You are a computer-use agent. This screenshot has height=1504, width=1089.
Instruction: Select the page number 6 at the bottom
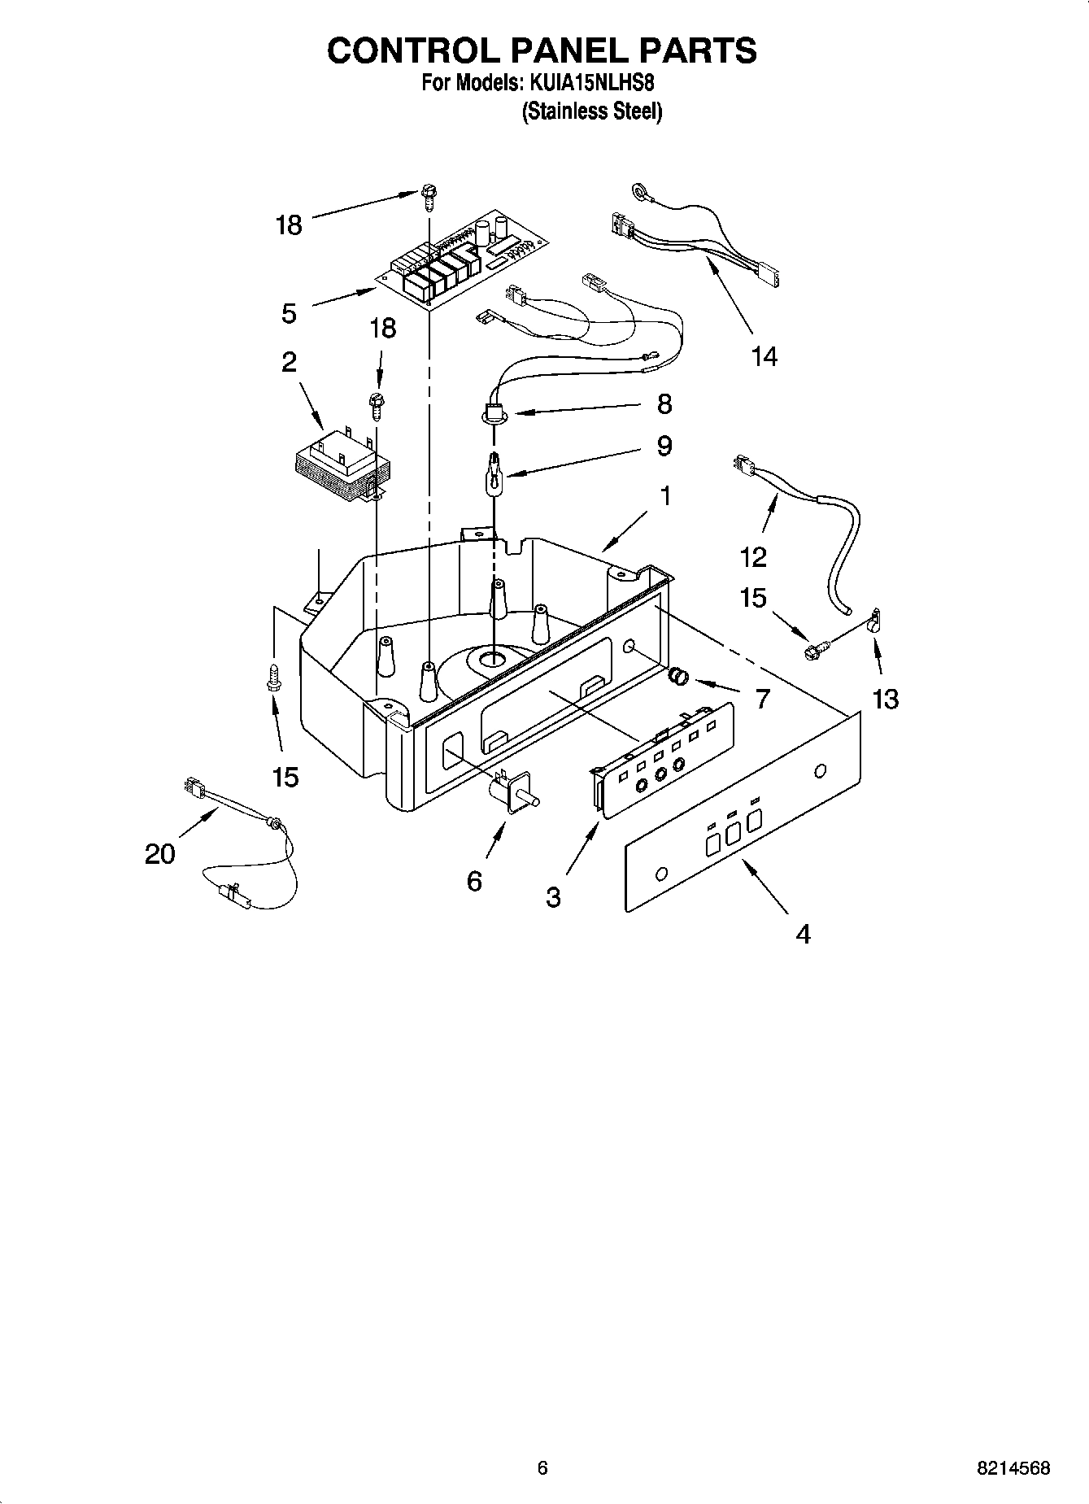tap(542, 1468)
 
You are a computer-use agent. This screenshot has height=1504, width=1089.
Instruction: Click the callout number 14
tap(764, 356)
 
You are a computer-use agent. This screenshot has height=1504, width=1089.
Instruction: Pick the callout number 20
tap(160, 854)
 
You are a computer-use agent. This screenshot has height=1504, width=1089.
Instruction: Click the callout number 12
tap(753, 557)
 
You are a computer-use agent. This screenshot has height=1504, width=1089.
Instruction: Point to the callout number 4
tap(803, 935)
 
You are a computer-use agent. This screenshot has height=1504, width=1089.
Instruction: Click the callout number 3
tap(553, 897)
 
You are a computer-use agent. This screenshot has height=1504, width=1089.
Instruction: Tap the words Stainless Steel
tap(591, 111)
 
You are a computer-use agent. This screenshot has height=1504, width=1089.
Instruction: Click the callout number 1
tap(665, 495)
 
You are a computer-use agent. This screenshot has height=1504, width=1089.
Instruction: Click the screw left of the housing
tap(274, 676)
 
